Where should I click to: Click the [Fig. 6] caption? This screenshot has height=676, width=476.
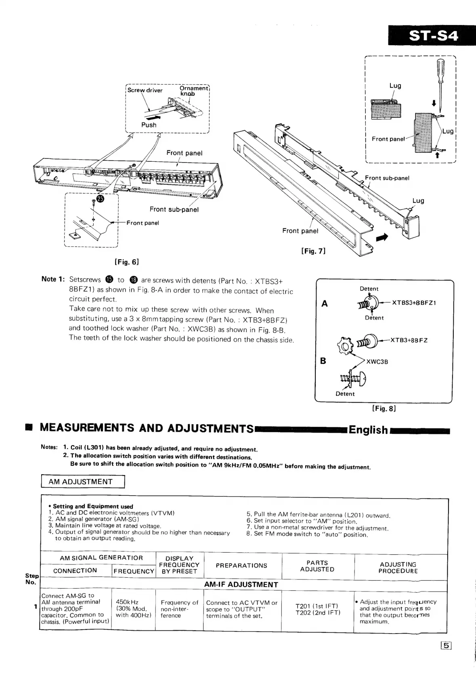127,262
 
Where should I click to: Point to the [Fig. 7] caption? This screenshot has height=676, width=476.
313,251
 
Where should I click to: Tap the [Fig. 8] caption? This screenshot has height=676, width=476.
384,408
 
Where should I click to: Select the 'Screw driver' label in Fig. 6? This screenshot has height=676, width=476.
145,90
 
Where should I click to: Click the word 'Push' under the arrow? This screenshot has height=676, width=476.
149,125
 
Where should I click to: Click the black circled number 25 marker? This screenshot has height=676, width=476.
100,199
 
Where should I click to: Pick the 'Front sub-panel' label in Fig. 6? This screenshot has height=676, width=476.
174,209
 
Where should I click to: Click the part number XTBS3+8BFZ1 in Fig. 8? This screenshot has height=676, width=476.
414,303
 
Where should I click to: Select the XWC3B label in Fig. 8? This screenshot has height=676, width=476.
377,362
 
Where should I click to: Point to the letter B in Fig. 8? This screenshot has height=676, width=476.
323,361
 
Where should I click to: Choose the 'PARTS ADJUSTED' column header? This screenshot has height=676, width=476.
317,566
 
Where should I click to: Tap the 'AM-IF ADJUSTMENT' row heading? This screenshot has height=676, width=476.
241,585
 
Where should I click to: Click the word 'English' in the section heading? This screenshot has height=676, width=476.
368,430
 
